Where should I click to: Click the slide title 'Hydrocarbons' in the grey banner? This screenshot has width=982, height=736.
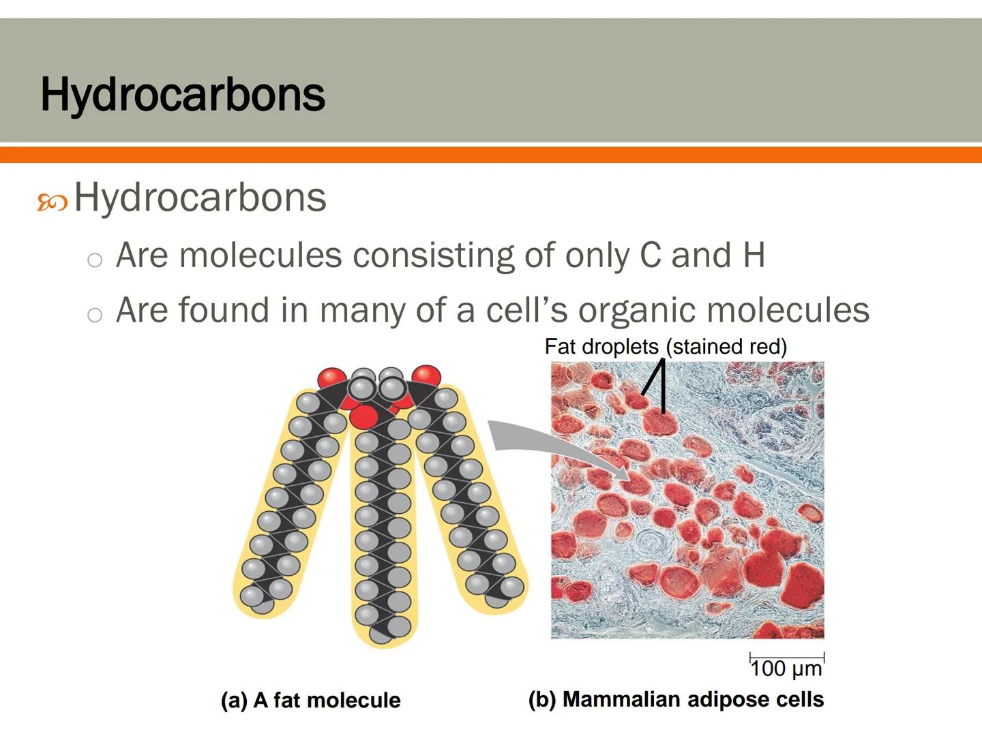[183, 94]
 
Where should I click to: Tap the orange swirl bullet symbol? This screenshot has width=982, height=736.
[53, 202]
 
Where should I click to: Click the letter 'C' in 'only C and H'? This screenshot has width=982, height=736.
[651, 256]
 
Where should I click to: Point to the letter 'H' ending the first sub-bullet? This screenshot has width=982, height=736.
[753, 256]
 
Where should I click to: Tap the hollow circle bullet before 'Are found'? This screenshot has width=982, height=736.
[95, 315]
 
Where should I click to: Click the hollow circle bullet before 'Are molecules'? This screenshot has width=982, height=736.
[95, 260]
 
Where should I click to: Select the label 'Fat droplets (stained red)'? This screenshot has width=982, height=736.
[666, 347]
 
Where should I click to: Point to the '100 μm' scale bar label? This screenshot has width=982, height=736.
[786, 669]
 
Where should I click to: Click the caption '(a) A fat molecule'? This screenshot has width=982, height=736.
[311, 701]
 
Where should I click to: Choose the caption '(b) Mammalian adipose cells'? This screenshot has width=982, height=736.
[676, 700]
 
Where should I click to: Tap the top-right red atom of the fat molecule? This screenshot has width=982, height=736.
[426, 375]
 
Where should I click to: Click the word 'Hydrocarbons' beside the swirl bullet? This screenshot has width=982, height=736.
[200, 198]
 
